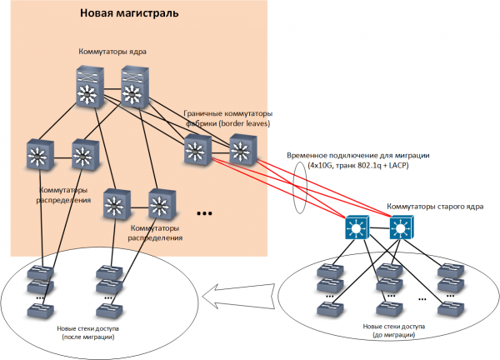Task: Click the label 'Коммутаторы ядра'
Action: pyautogui.click(x=112, y=52)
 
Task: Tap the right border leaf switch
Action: pyautogui.click(x=241, y=151)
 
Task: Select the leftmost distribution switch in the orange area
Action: pyautogui.click(x=37, y=154)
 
